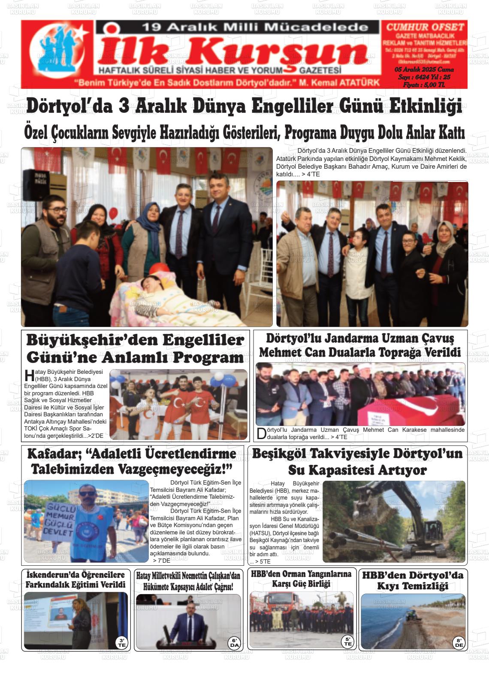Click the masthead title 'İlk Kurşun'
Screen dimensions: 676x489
pyautogui.click(x=234, y=53)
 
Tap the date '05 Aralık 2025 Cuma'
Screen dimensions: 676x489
pyautogui.click(x=424, y=70)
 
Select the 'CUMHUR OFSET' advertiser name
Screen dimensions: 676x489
pyautogui.click(x=425, y=27)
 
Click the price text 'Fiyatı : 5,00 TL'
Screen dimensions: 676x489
pyautogui.click(x=424, y=85)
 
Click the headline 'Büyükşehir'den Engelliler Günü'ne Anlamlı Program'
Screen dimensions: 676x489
pyautogui.click(x=135, y=348)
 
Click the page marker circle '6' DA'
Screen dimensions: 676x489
pyautogui.click(x=234, y=643)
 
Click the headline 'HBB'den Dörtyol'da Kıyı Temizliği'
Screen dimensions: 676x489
pyautogui.click(x=412, y=580)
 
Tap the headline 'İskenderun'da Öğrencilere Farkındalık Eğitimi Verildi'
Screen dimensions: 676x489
pyautogui.click(x=75, y=579)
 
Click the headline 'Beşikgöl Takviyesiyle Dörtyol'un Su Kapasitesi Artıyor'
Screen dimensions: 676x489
pyautogui.click(x=357, y=461)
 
